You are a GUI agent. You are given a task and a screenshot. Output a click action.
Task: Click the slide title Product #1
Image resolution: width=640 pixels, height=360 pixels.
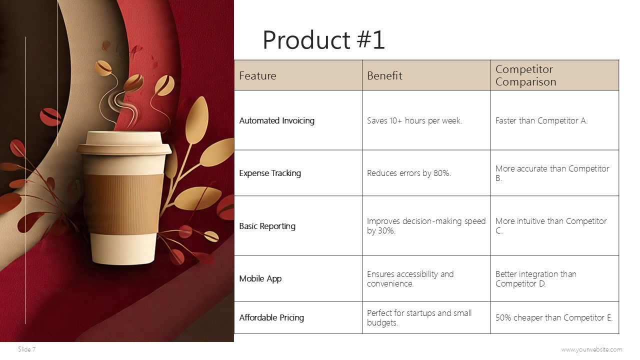(x=323, y=40)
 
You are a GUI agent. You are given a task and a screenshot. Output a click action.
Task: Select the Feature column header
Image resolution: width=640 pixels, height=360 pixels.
(x=257, y=76)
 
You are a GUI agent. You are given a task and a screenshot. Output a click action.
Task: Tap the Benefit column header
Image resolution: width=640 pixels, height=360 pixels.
(x=384, y=76)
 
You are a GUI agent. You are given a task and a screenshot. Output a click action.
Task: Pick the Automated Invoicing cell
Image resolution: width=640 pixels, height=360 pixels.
(x=276, y=120)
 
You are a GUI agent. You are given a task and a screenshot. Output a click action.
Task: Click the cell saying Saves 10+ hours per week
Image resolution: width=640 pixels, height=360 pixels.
(x=414, y=120)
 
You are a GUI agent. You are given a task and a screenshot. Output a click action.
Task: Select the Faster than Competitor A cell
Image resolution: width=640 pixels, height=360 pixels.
(x=541, y=120)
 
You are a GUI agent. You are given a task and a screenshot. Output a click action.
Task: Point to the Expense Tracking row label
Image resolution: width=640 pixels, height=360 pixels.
(x=270, y=173)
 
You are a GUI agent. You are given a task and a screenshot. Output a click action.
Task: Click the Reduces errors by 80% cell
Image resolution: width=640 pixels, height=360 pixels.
(x=409, y=173)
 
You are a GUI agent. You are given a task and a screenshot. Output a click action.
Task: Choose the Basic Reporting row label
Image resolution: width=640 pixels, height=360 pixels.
(x=267, y=226)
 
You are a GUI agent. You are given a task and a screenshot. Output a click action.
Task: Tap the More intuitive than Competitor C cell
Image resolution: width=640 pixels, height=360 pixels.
(x=550, y=226)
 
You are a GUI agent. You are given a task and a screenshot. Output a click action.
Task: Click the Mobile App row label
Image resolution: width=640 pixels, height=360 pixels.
(x=260, y=278)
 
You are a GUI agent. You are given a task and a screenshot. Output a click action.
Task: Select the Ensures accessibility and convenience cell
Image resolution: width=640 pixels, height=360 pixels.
(x=410, y=278)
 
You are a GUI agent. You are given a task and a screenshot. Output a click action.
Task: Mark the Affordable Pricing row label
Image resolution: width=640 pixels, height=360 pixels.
(x=271, y=317)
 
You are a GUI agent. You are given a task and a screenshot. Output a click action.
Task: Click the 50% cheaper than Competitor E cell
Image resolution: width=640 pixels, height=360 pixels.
(x=553, y=317)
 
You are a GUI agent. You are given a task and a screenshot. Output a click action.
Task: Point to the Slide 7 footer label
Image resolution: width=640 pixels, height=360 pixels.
(x=27, y=349)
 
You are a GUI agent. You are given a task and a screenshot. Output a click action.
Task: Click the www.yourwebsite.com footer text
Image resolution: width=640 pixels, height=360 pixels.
(x=591, y=349)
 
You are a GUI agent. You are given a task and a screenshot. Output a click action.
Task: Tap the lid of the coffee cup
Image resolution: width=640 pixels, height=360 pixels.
(x=123, y=142)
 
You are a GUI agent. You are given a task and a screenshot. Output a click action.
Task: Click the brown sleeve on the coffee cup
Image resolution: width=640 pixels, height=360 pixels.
(x=123, y=202)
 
